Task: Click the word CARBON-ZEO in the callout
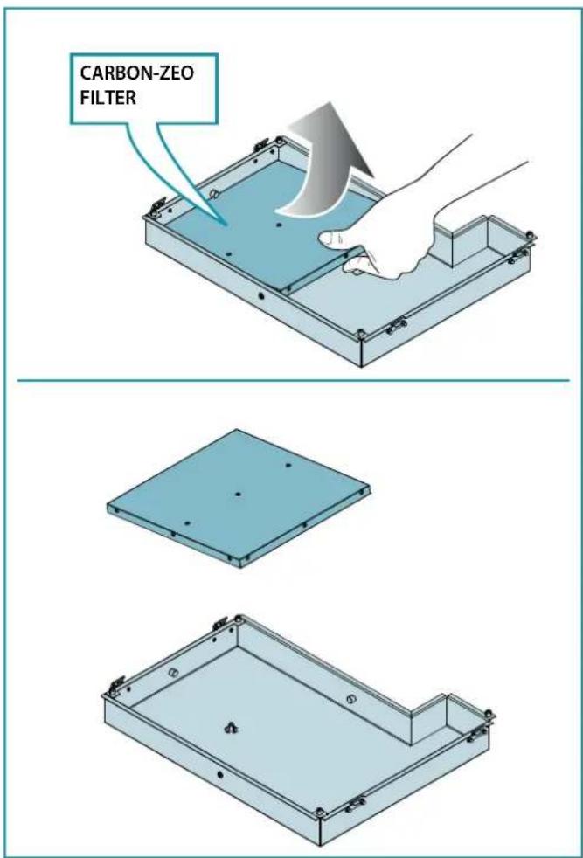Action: [x=137, y=73]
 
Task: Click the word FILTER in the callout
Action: [x=108, y=98]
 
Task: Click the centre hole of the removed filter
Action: [x=238, y=495]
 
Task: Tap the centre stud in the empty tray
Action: [x=231, y=727]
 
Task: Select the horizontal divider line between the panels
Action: [x=294, y=380]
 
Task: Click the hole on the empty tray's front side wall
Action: [x=220, y=774]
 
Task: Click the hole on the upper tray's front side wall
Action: [x=260, y=295]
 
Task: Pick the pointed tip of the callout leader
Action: [x=227, y=225]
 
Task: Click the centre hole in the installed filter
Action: [x=279, y=225]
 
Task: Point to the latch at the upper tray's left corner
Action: [x=159, y=204]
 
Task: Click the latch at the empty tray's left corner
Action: [x=117, y=684]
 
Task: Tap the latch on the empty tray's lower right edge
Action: [x=356, y=805]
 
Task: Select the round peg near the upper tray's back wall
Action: [x=214, y=194]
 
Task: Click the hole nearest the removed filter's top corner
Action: [x=288, y=466]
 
